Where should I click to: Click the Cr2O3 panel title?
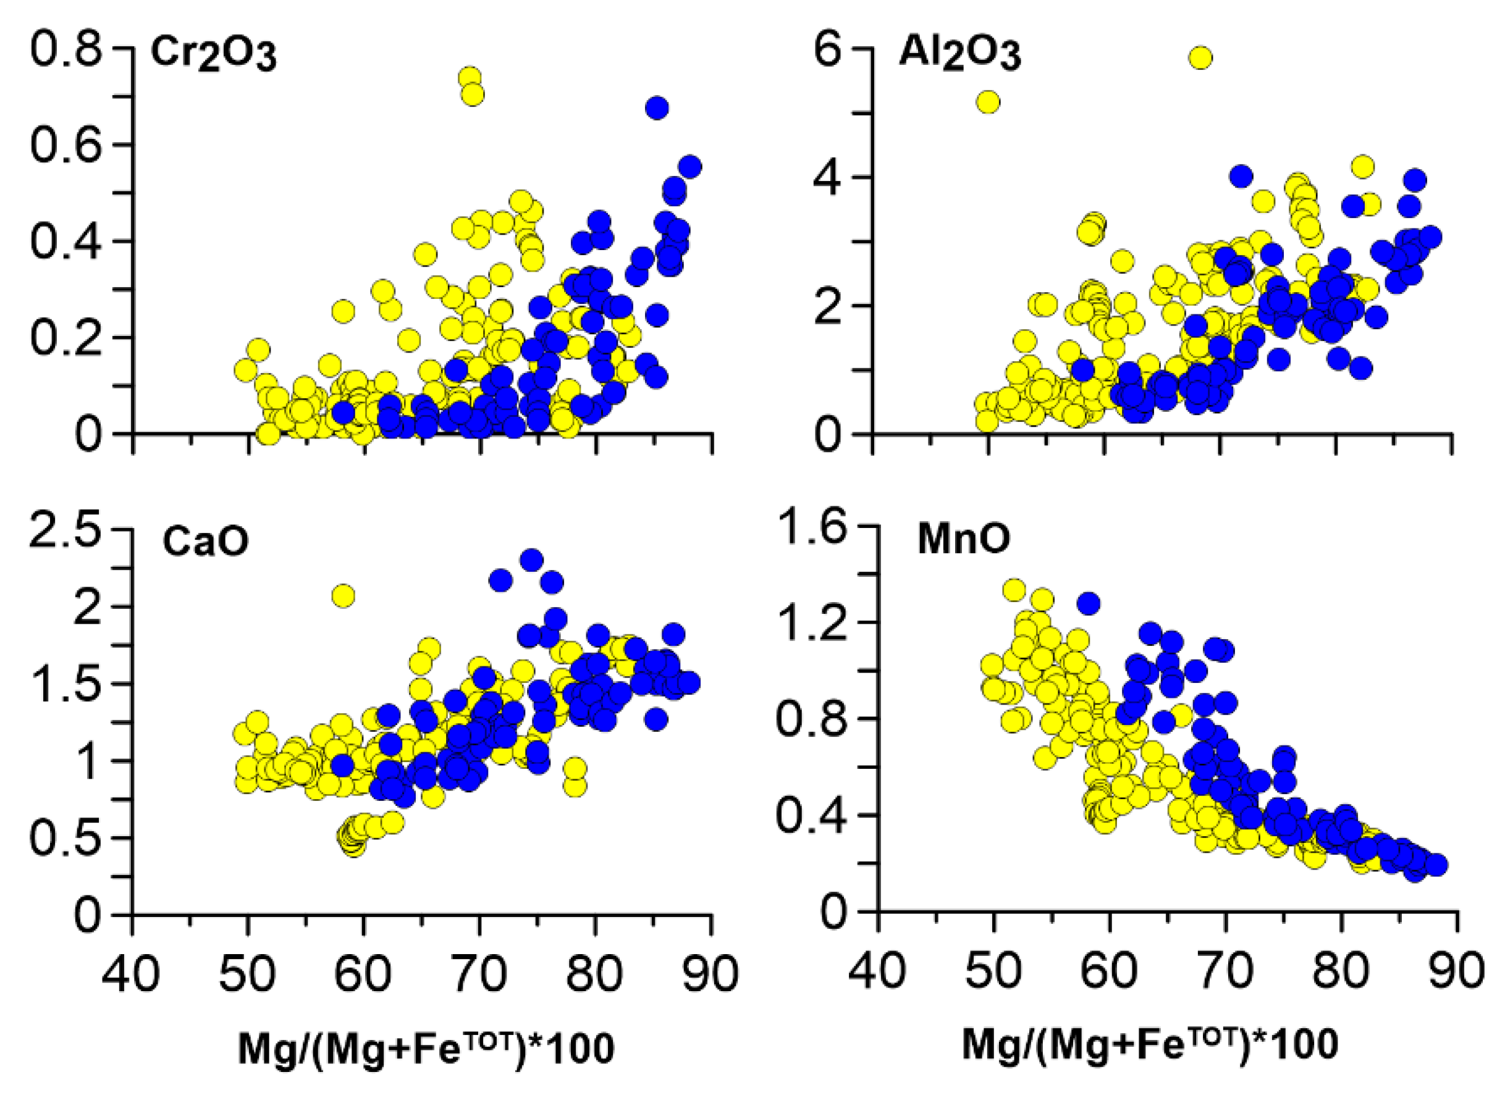tap(213, 55)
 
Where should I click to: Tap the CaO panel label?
tap(205, 542)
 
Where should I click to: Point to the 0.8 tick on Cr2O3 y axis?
tap(66, 50)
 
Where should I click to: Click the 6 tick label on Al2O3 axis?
tap(830, 50)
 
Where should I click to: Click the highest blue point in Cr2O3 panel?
tap(656, 107)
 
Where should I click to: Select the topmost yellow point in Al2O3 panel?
tap(1200, 58)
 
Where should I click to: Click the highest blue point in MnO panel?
tap(1088, 603)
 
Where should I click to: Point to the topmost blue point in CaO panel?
tap(531, 559)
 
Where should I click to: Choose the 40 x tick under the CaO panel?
tap(131, 974)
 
